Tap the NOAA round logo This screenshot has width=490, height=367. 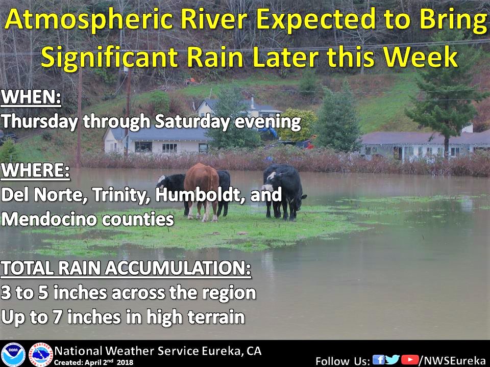[x=13, y=355]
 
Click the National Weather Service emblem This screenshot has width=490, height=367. [x=41, y=355]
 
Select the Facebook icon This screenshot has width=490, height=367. [x=378, y=359]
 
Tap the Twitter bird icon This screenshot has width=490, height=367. [x=393, y=359]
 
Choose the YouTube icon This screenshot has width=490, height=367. [x=410, y=359]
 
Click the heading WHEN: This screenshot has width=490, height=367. [x=31, y=97]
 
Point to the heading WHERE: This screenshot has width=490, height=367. [x=35, y=170]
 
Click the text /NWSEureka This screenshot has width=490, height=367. [x=453, y=360]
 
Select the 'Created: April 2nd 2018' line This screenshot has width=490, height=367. [x=93, y=362]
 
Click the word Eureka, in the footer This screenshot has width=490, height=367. [x=223, y=351]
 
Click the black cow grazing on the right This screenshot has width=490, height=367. [x=284, y=192]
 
